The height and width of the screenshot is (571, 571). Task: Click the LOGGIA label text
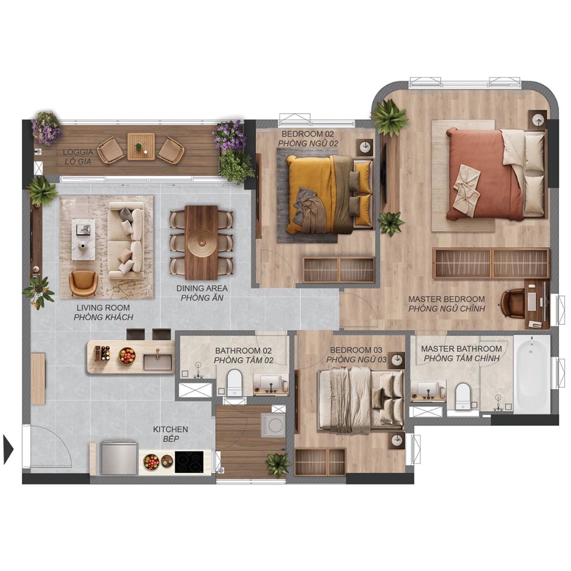coord(78,152)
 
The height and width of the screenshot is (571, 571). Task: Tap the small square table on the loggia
coord(141,146)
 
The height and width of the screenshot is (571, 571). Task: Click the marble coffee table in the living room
coord(83,239)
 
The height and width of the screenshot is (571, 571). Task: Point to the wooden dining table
coord(201,242)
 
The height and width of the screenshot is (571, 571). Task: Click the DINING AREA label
coord(202,288)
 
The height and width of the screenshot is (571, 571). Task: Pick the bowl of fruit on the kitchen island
coord(127,356)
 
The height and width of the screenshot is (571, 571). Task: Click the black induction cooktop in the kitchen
coord(189,462)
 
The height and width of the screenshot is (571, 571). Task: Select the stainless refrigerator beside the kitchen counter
coord(119,458)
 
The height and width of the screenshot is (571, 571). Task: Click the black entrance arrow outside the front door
coord(8,449)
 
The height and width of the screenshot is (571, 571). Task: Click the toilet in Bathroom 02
coord(234,383)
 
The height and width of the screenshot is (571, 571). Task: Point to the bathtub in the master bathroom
coord(532,374)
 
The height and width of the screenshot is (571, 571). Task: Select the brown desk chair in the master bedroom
coord(513,303)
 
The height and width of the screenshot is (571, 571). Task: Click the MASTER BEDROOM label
coord(447,299)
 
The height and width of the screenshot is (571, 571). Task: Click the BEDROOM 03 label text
coord(356,351)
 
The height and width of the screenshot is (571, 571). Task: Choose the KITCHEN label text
coord(170,429)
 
